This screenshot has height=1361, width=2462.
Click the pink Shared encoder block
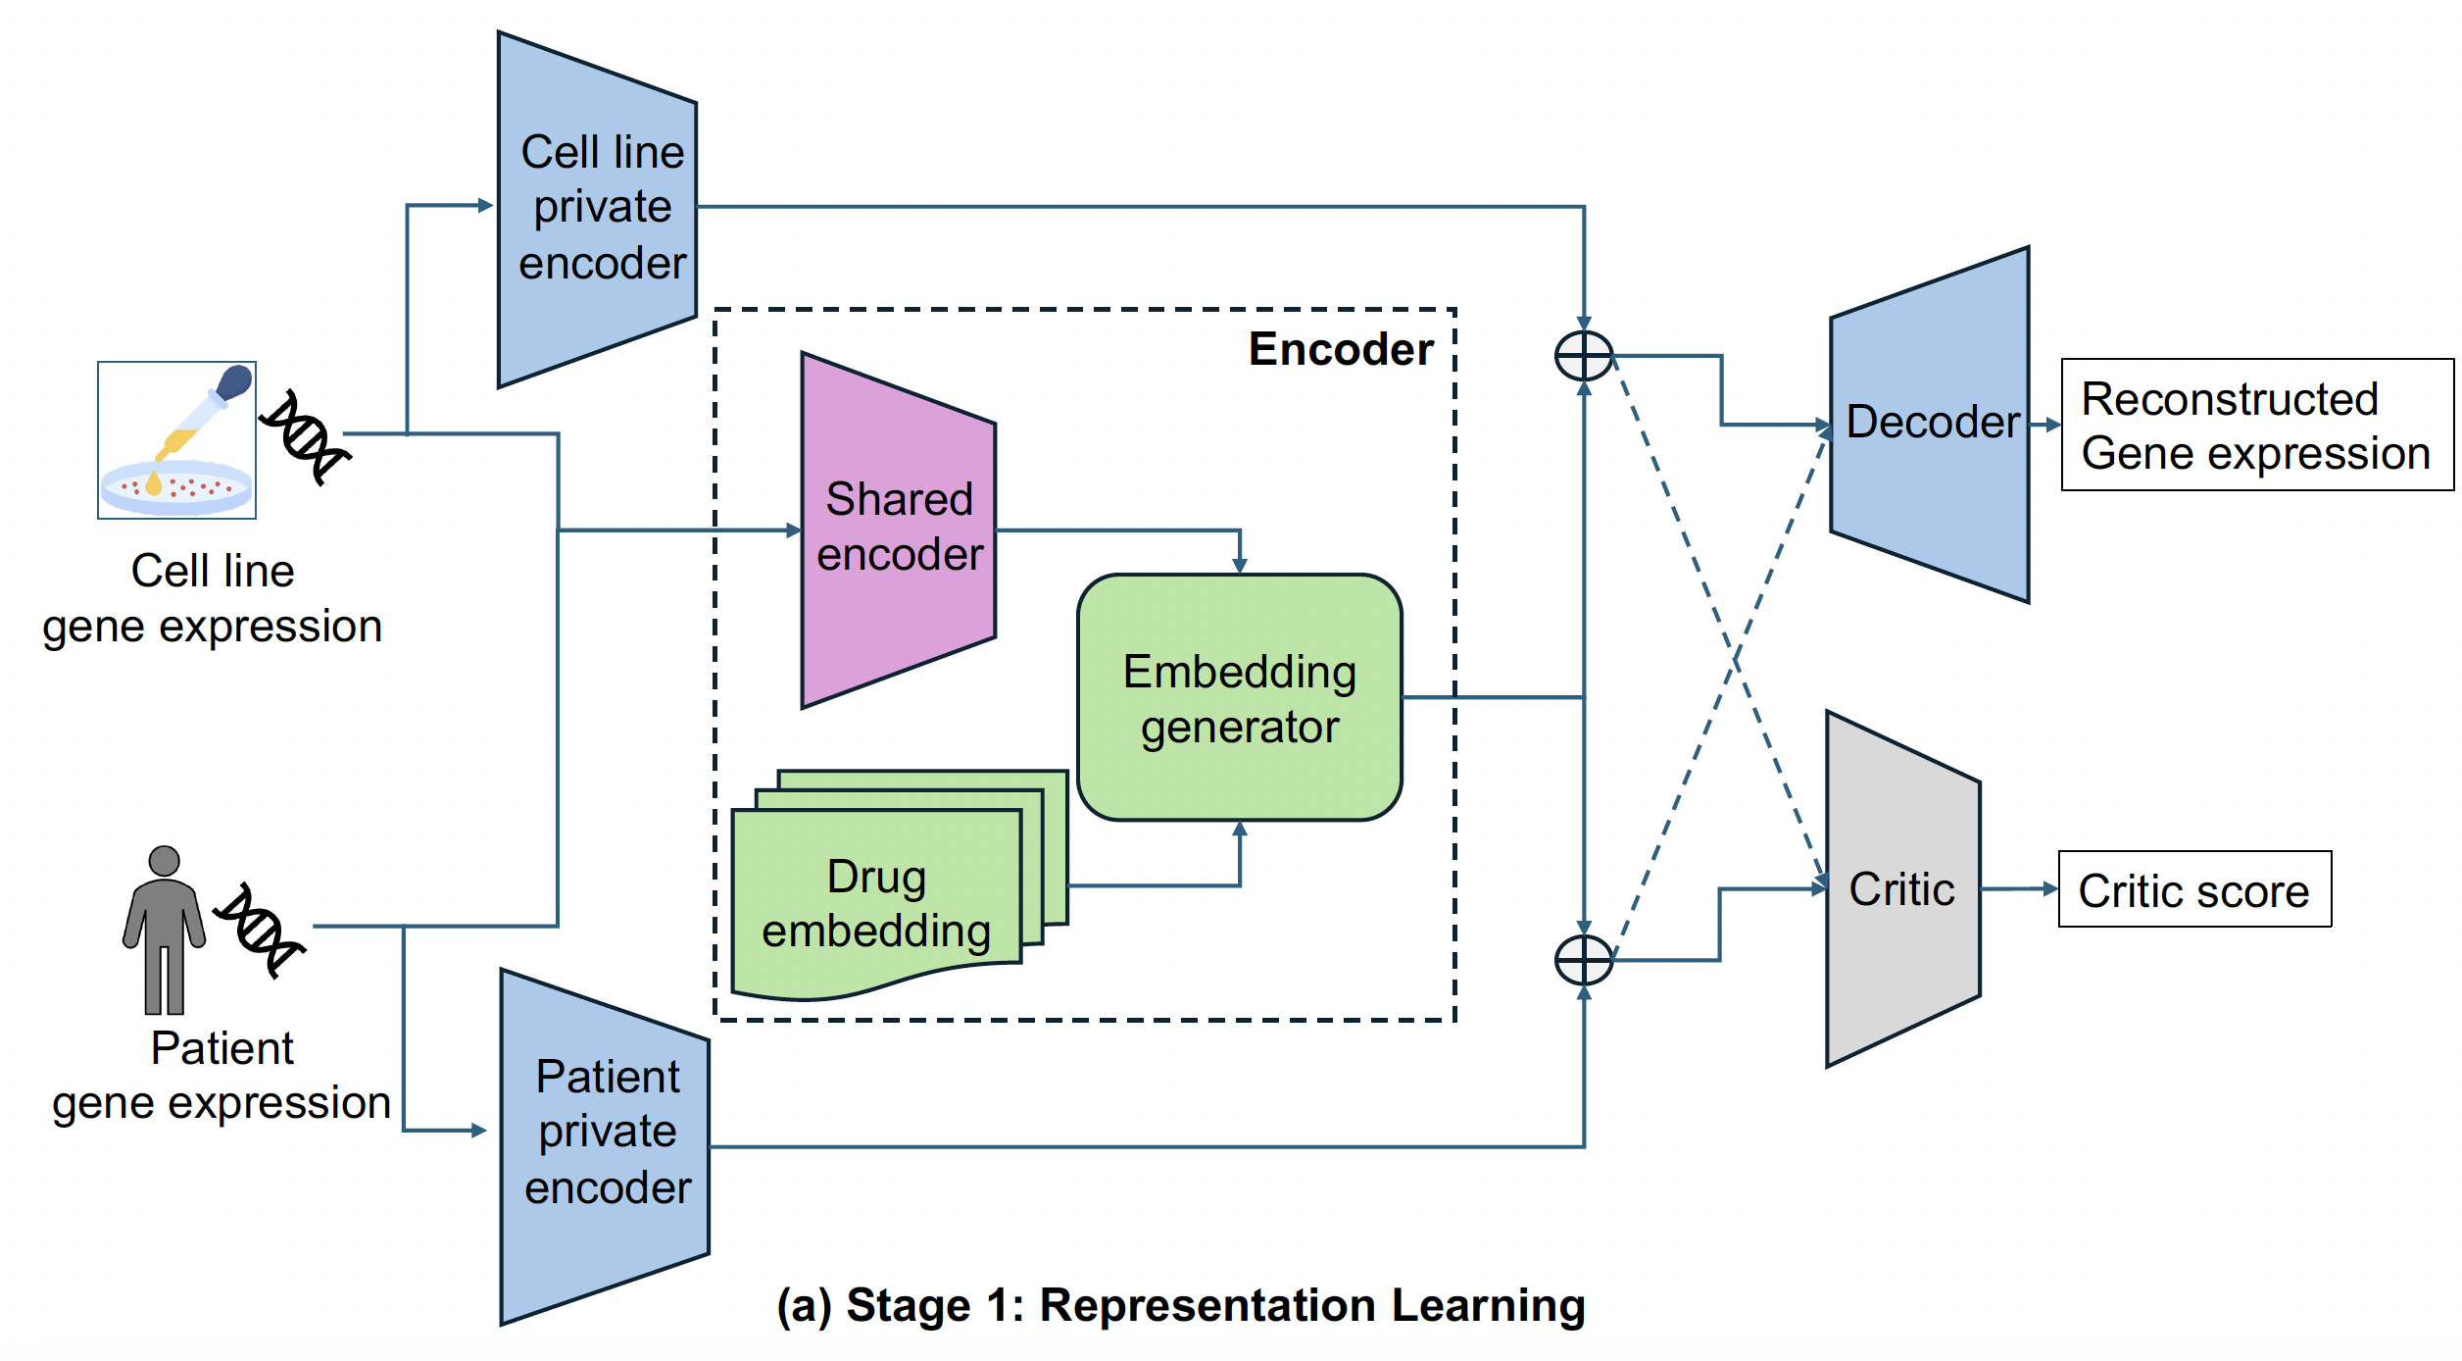[899, 529]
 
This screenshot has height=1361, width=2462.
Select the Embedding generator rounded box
[1240, 697]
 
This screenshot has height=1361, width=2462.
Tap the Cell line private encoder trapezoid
[598, 209]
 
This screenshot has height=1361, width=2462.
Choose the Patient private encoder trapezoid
[605, 1146]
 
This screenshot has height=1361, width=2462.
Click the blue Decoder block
[1929, 424]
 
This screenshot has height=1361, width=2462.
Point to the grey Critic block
[1902, 889]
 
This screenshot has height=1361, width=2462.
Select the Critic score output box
[2194, 889]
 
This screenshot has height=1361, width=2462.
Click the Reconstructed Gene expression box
[2256, 425]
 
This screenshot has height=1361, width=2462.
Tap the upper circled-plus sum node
[1584, 356]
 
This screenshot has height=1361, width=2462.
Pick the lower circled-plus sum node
[1584, 959]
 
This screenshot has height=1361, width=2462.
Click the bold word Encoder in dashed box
[1340, 350]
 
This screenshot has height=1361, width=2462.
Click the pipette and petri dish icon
[177, 439]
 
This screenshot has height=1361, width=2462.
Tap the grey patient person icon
[164, 929]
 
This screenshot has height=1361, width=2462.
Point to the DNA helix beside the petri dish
[305, 437]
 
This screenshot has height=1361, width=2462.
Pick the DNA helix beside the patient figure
[260, 930]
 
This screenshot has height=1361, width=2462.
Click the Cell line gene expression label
[213, 598]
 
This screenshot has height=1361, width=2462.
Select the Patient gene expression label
[222, 1076]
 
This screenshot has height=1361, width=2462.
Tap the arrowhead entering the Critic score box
[2050, 888]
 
